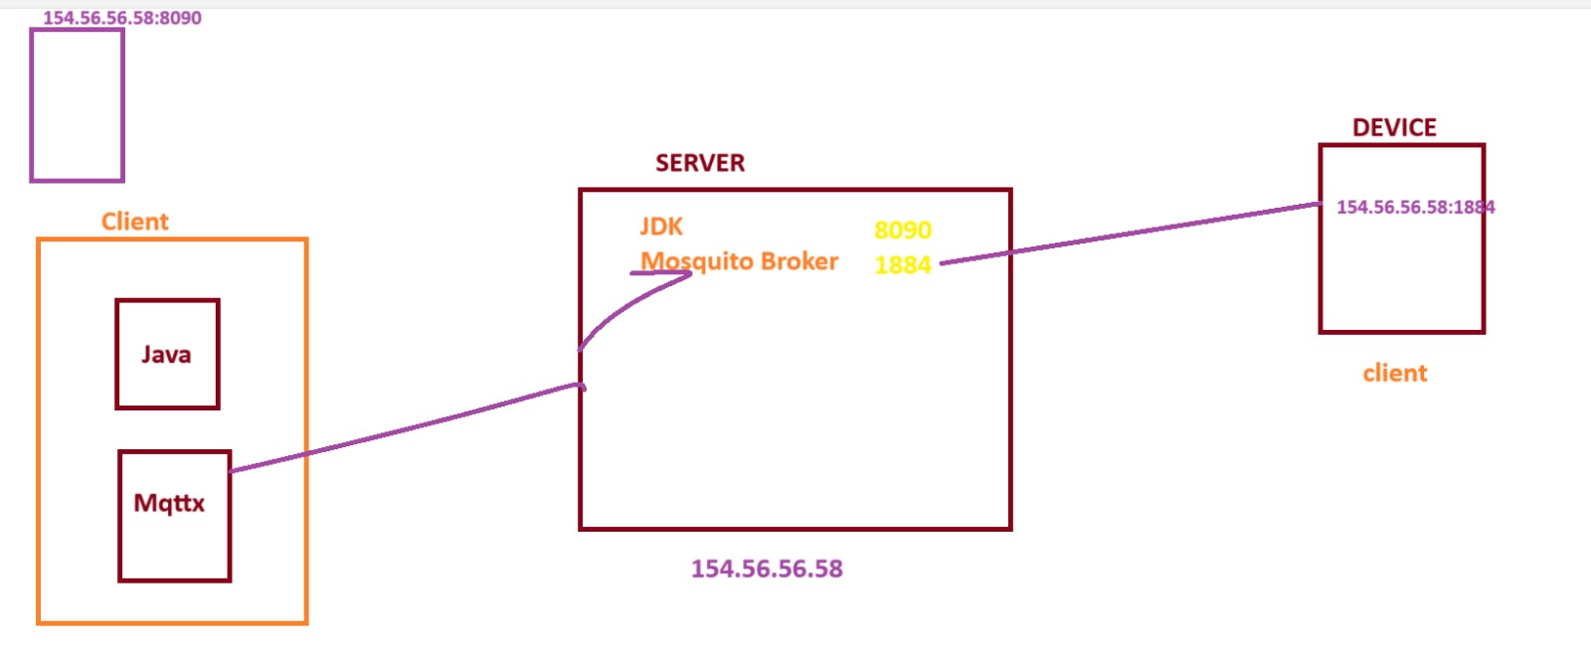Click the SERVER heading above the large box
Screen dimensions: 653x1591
pyautogui.click(x=699, y=163)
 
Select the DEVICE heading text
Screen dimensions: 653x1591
pyautogui.click(x=1394, y=128)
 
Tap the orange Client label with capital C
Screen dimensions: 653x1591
pyautogui.click(x=135, y=222)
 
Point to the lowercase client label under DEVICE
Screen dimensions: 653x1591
pyautogui.click(x=1394, y=374)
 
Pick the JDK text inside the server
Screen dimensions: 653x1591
pyautogui.click(x=661, y=228)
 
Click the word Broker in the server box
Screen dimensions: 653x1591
pyautogui.click(x=800, y=261)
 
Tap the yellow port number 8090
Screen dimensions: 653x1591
pyautogui.click(x=902, y=231)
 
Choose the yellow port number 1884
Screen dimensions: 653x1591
pyautogui.click(x=902, y=265)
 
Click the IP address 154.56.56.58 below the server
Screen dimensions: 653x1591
pyautogui.click(x=767, y=569)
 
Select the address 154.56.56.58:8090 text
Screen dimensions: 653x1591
pyautogui.click(x=121, y=18)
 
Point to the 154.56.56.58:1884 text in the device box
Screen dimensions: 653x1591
pyautogui.click(x=1415, y=208)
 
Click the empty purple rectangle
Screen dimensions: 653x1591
pyautogui.click(x=77, y=105)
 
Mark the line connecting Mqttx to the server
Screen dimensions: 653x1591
pyautogui.click(x=408, y=428)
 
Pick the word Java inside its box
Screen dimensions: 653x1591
pyautogui.click(x=166, y=355)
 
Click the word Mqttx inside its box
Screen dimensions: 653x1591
pyautogui.click(x=169, y=503)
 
